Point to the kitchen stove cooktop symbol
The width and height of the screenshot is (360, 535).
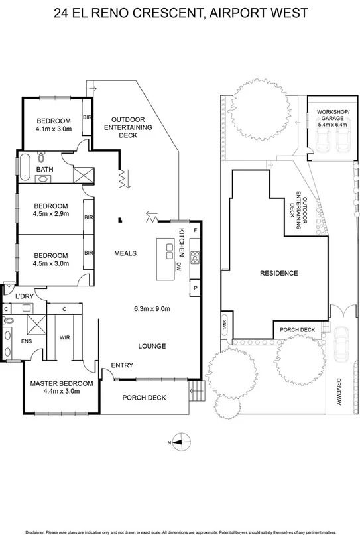(x=195, y=257)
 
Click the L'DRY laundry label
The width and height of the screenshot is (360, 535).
(x=25, y=296)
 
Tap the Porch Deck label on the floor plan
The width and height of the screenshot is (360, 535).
(x=144, y=398)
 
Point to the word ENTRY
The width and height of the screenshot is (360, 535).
(x=123, y=365)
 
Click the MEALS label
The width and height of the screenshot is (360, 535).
(x=125, y=253)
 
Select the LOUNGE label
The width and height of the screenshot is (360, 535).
(x=152, y=346)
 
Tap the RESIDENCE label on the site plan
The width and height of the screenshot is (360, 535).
(x=278, y=273)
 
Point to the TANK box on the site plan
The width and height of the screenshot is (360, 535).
(x=225, y=326)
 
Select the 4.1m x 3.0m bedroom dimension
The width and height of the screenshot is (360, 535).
(x=54, y=129)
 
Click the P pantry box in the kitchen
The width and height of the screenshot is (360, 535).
(x=195, y=288)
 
